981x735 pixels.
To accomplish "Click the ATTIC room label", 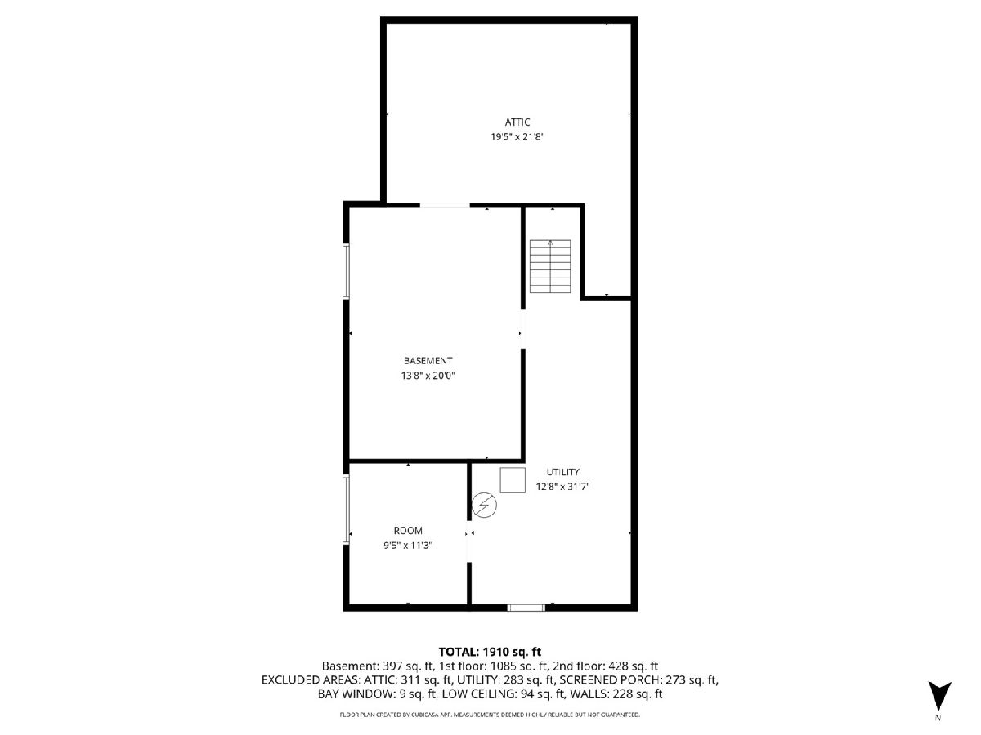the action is (x=517, y=122).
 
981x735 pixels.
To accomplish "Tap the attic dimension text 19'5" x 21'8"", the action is (x=517, y=136).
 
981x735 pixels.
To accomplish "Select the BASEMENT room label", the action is (x=428, y=361).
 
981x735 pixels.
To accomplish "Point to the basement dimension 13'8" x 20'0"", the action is (x=428, y=376).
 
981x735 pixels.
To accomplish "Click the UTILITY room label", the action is (x=562, y=472).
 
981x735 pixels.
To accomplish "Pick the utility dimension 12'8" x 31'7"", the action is (x=562, y=487).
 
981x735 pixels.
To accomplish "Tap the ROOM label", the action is (x=408, y=531).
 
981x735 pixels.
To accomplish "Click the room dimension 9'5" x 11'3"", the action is (x=408, y=546).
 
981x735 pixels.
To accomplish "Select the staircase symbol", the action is (x=550, y=266).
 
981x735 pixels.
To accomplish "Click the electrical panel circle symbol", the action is (x=485, y=506).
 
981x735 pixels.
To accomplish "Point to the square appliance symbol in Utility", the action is (x=513, y=480).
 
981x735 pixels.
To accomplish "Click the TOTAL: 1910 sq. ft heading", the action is (x=490, y=652).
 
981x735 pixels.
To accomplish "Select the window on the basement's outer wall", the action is (x=346, y=271).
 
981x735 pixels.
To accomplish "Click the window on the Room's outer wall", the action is (x=346, y=509).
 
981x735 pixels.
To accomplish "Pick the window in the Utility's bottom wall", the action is (x=526, y=608).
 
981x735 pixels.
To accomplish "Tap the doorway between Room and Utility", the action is (x=469, y=541).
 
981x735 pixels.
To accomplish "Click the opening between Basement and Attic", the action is (x=444, y=205).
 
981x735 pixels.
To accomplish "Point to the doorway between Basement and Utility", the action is (x=523, y=328).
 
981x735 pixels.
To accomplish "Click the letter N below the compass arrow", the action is (x=938, y=718).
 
